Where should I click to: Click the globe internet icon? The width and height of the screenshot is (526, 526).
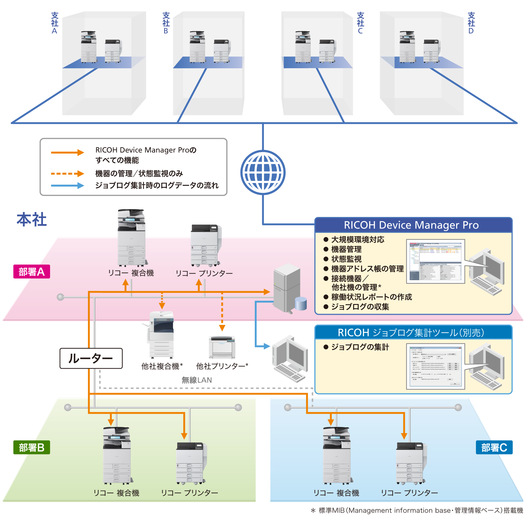coord(263,172)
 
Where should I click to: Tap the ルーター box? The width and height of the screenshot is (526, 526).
coord(91,358)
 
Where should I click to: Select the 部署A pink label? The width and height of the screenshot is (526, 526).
coord(32,271)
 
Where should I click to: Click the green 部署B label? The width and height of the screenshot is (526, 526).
coord(32,447)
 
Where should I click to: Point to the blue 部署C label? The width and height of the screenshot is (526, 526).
coord(494,447)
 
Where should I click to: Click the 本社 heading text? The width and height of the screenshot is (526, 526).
coord(32,219)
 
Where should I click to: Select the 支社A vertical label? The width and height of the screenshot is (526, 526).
coord(55,23)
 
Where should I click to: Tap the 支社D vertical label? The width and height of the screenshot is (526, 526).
coord(471,23)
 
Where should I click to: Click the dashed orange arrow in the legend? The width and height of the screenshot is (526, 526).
coord(67,173)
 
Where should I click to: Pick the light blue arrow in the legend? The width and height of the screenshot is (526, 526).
coord(67,185)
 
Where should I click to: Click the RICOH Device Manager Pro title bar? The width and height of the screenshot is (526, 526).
coord(413,225)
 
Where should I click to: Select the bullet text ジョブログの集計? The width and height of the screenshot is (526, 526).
coord(360,347)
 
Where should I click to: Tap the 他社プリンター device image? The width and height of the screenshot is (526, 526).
coord(222,347)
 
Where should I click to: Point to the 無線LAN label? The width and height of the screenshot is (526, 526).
coord(196,380)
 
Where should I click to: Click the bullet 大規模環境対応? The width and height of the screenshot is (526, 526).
coord(358,239)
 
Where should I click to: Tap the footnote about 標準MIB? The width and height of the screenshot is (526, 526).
coord(416,510)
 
